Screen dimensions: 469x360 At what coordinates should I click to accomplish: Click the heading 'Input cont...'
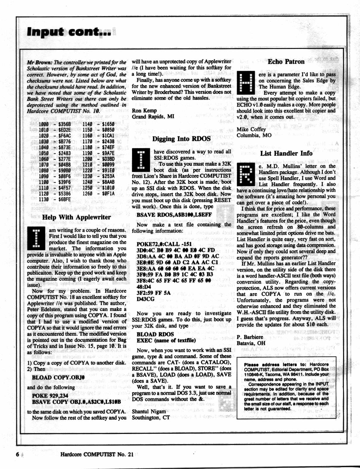pos(69,32)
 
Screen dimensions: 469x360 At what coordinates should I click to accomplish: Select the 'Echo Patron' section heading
pos(286,62)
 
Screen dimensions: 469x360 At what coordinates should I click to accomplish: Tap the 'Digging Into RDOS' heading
pos(181,139)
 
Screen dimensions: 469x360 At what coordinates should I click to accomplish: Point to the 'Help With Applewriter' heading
pos(76,217)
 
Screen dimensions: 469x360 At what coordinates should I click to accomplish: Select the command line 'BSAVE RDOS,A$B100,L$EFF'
pos(174,215)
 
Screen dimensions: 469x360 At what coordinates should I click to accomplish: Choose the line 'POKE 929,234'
pos(50,396)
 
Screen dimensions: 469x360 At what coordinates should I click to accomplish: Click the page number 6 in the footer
pos(18,454)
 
